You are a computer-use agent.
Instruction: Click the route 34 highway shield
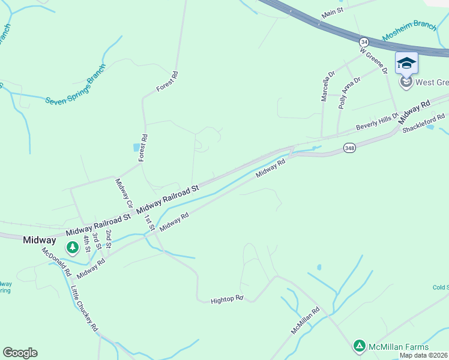(364, 41)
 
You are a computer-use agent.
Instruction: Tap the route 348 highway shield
(349, 147)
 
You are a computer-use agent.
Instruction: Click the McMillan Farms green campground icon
(359, 346)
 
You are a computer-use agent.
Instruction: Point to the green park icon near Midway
(73, 247)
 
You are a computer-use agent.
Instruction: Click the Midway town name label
(40, 240)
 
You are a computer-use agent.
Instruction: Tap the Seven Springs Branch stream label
(75, 83)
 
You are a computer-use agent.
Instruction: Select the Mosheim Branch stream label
(409, 32)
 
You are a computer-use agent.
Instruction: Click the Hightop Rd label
(227, 298)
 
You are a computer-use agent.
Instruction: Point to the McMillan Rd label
(305, 321)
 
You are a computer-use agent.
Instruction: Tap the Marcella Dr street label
(327, 87)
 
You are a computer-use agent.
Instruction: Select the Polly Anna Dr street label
(349, 91)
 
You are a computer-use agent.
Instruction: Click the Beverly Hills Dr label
(377, 121)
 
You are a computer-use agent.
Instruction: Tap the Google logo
(20, 353)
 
